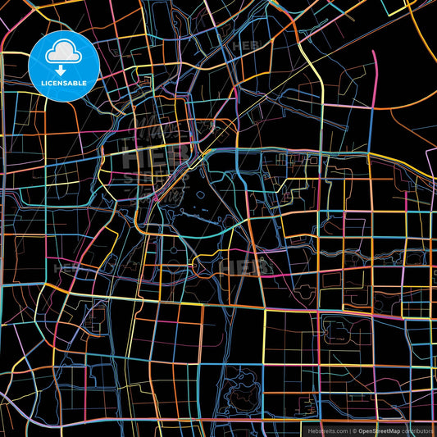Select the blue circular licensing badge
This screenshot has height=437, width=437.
coord(63,66)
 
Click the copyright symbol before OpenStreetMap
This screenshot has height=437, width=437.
coord(355,430)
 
